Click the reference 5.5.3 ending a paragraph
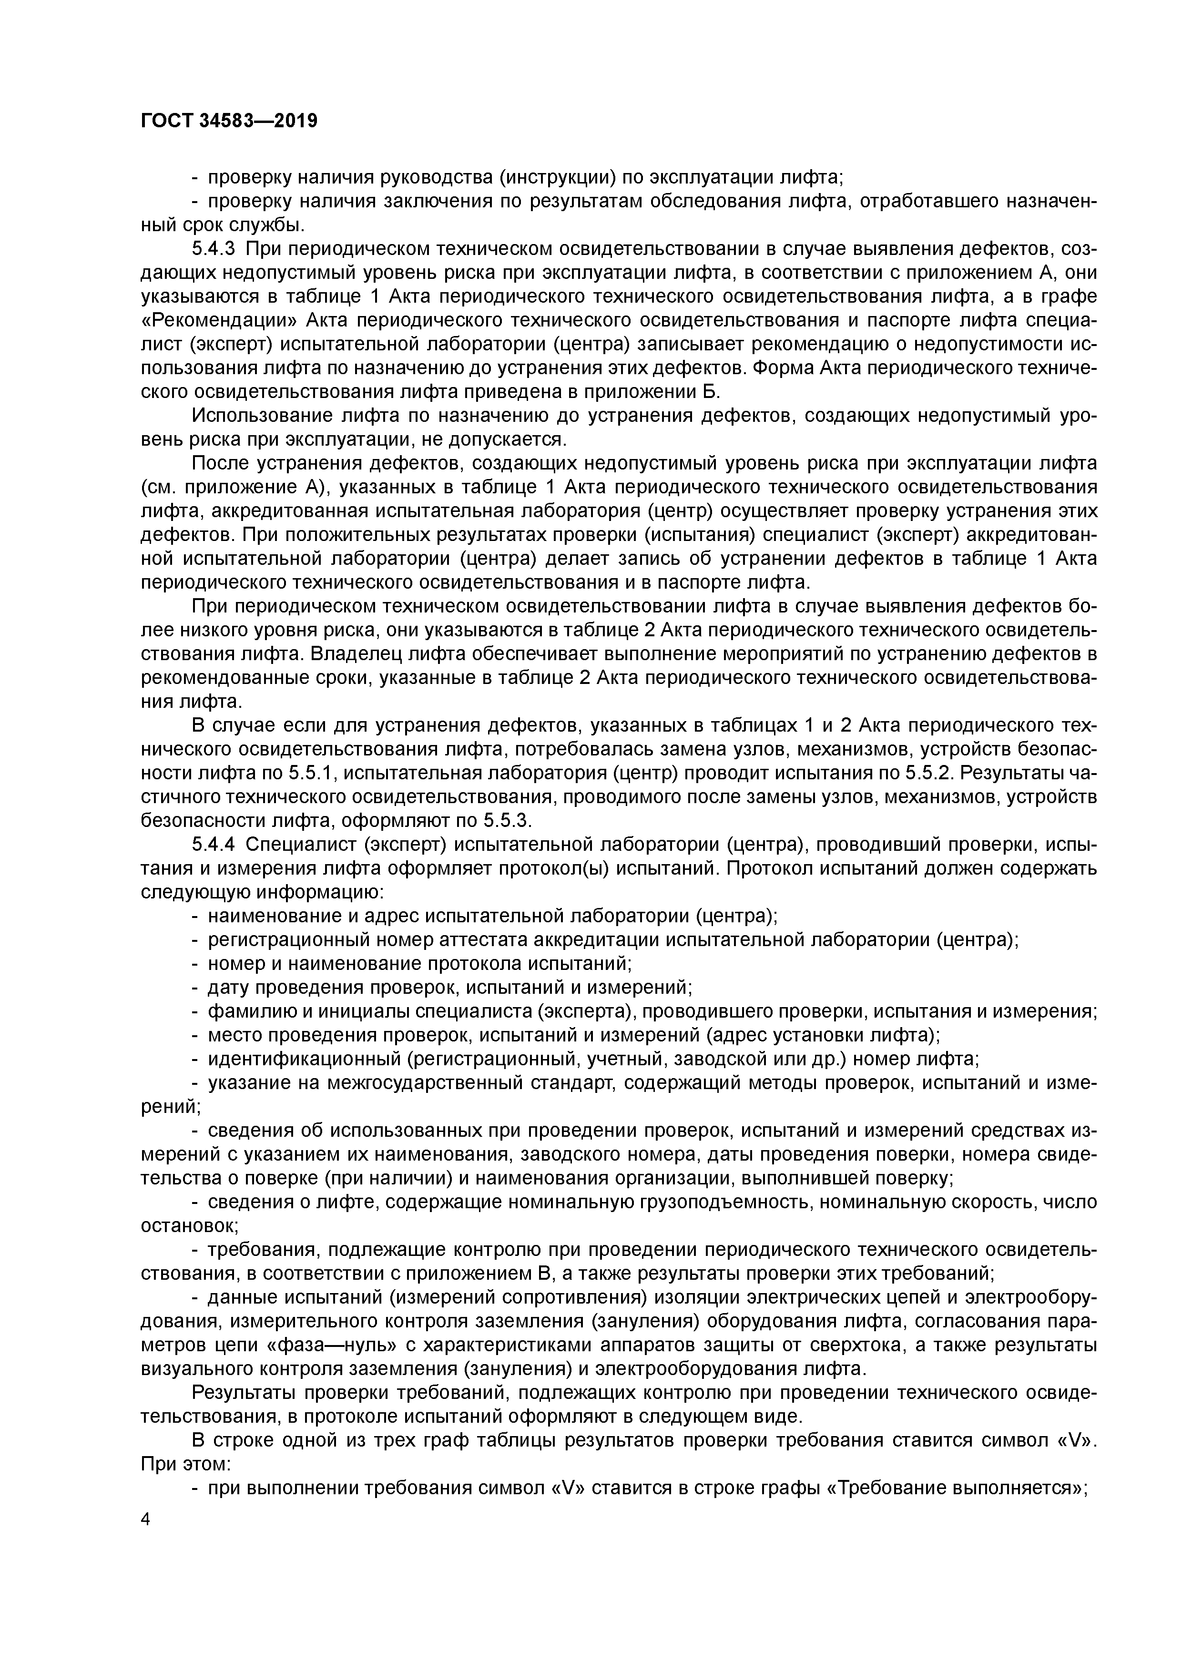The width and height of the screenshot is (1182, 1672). [x=508, y=821]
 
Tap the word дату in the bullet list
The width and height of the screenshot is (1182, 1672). [x=228, y=988]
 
